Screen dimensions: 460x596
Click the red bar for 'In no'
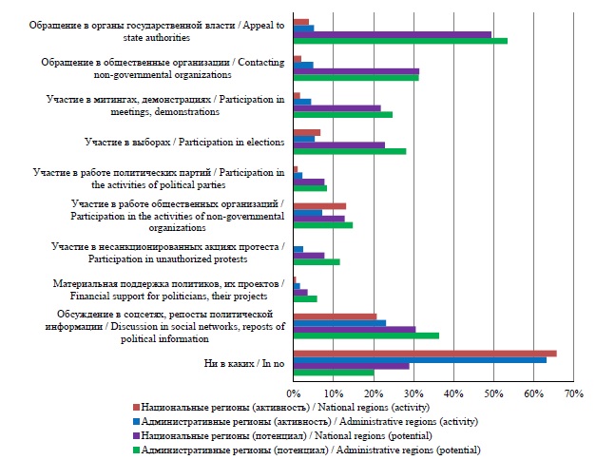[x=424, y=354]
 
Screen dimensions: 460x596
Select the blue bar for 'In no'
[x=419, y=360]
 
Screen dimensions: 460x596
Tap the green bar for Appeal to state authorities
[x=399, y=41]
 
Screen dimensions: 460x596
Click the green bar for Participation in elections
[x=349, y=150]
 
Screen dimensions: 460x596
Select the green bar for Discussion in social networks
[x=365, y=335]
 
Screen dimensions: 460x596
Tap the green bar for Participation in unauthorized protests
[x=316, y=261]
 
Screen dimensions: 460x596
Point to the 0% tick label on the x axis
[x=294, y=392]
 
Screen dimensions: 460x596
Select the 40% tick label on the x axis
[x=452, y=392]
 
